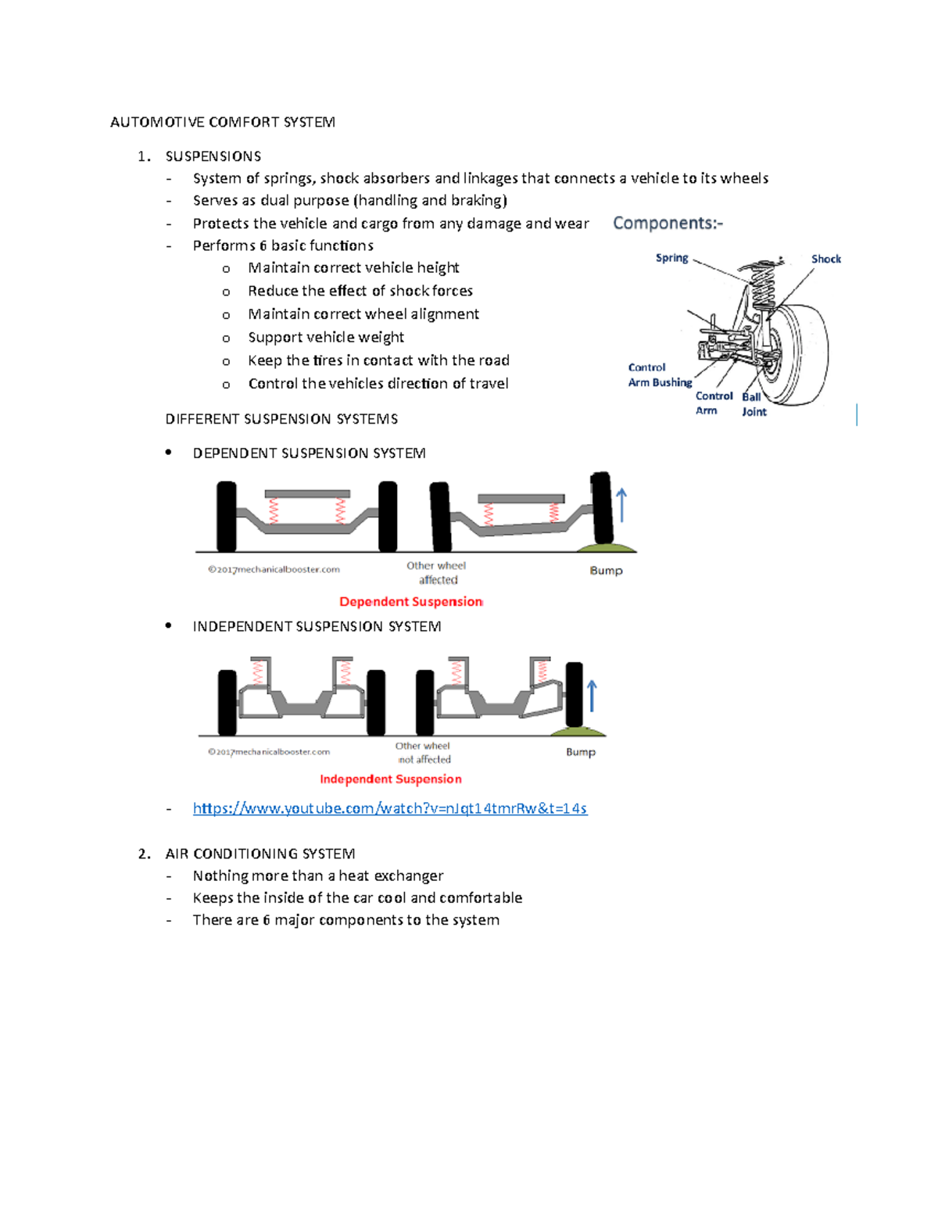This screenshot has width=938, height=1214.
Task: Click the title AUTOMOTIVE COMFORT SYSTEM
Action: click(x=223, y=122)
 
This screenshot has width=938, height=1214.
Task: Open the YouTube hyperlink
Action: click(x=389, y=808)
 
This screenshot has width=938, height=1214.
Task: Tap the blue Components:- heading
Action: click(x=668, y=224)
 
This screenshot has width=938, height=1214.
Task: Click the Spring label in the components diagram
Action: click(x=671, y=258)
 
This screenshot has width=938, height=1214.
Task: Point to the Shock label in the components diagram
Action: click(x=825, y=259)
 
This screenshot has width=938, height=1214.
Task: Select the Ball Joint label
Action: click(x=754, y=404)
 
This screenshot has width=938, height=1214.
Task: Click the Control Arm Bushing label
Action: click(x=660, y=375)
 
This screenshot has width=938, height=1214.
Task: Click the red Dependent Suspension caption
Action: click(x=411, y=601)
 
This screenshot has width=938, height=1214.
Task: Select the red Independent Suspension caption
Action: click(x=390, y=779)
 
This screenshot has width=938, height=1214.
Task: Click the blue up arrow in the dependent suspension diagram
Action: click(x=621, y=505)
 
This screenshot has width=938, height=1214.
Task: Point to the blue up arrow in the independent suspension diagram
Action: click(x=592, y=695)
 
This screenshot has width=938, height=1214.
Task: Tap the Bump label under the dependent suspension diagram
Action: click(x=606, y=571)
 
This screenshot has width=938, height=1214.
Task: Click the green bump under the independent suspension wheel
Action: click(x=578, y=732)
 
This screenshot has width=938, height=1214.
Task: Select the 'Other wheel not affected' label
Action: click(x=423, y=753)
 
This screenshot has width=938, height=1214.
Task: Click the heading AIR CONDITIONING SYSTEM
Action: click(x=260, y=854)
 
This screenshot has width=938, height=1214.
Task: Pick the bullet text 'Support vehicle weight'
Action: click(x=326, y=337)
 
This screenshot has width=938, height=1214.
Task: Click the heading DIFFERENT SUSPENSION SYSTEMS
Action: click(x=281, y=419)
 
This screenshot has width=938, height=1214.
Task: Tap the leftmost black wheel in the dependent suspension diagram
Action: click(x=227, y=517)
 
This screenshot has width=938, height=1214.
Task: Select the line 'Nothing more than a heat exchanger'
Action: click(x=318, y=876)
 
